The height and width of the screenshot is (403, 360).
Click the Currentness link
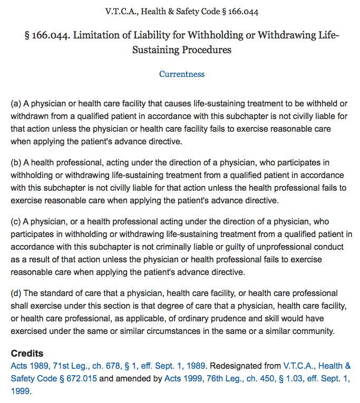click(182, 74)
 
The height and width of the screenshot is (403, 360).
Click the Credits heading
click(27, 353)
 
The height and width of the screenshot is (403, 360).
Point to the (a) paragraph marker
click(16, 105)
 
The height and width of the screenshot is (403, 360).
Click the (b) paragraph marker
click(16, 163)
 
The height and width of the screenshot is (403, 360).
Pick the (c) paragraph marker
click(16, 222)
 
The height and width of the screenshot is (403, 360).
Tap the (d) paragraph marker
click(16, 293)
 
